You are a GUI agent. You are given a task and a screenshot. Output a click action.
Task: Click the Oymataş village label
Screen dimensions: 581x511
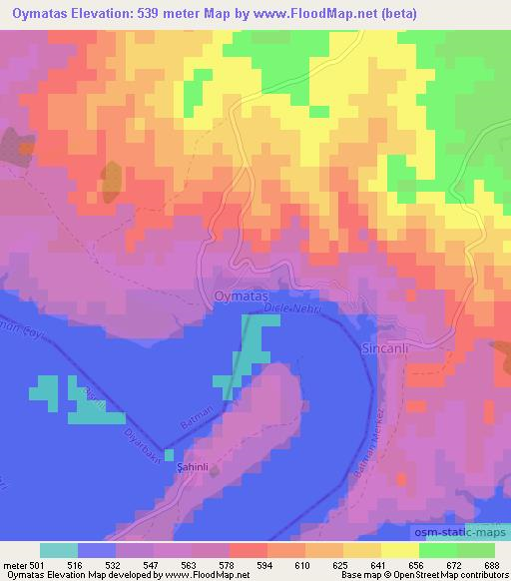coord(242,295)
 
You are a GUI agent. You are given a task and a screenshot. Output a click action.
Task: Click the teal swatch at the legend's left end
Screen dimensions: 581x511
coord(59,550)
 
